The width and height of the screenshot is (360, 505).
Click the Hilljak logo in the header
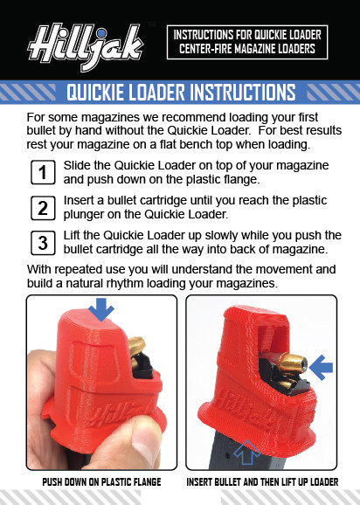pos(84,40)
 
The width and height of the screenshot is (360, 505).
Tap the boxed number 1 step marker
pos(42,173)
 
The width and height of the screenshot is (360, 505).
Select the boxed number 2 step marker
pos(42,208)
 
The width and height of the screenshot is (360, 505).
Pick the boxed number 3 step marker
pos(42,242)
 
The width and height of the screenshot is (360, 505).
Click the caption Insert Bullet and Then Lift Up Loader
pos(262,482)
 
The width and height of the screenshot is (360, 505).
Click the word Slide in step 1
pos(79,166)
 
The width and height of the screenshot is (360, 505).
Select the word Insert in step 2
pos(82,200)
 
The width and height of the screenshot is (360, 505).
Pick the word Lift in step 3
pos(74,235)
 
